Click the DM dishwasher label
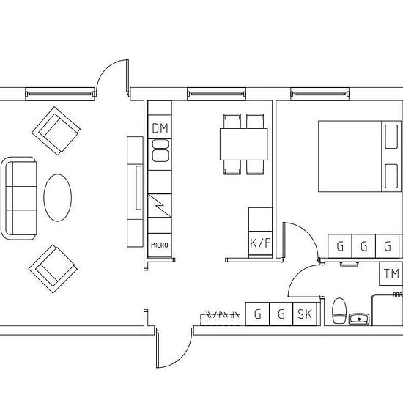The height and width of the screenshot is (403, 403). point(160,128)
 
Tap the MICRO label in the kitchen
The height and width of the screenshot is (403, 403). point(160,245)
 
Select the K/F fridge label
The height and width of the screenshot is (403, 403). point(260,243)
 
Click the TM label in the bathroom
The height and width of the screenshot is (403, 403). point(391,273)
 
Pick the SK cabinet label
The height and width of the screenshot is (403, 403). point(305,314)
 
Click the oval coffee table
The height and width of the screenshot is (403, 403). point(58,198)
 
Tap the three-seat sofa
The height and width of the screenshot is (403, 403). point(19,198)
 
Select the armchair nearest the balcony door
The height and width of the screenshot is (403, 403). point(56,131)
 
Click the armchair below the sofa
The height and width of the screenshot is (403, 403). point(53,269)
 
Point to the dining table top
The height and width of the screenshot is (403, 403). point(244,144)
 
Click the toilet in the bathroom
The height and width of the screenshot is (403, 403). point(339,311)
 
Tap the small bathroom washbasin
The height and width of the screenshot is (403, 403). point(359,319)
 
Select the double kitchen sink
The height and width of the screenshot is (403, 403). point(160,150)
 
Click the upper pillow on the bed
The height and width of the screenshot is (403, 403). point(391,137)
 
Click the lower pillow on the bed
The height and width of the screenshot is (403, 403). point(391,176)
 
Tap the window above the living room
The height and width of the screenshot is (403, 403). point(60,94)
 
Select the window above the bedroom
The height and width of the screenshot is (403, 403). point(319,94)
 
